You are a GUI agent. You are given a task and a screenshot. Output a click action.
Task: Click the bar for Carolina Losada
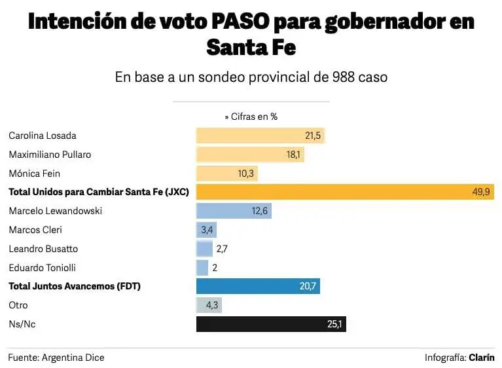pyautogui.click(x=260, y=136)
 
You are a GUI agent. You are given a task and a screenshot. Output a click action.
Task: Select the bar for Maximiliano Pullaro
pyautogui.click(x=250, y=155)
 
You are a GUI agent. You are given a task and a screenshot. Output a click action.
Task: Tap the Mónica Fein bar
pyautogui.click(x=226, y=174)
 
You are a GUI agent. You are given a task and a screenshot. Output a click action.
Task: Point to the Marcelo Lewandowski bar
pyautogui.click(x=234, y=211)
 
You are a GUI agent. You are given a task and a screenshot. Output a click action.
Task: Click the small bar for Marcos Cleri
pyautogui.click(x=206, y=230)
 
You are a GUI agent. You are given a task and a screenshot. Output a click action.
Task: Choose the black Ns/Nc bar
pyautogui.click(x=271, y=324)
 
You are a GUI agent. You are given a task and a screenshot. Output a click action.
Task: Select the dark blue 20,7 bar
pyautogui.click(x=258, y=286)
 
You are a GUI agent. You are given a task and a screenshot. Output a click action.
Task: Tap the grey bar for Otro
pyautogui.click(x=209, y=305)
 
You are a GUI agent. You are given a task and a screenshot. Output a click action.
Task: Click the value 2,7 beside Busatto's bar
pyautogui.click(x=221, y=249)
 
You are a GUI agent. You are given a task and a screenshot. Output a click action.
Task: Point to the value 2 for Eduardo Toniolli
pyautogui.click(x=214, y=268)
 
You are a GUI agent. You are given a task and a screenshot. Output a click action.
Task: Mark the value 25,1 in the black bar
pyautogui.click(x=334, y=324)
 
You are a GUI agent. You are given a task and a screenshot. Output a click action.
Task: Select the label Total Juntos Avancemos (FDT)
pyautogui.click(x=75, y=286)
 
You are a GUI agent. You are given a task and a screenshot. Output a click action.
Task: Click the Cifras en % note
pyautogui.click(x=251, y=117)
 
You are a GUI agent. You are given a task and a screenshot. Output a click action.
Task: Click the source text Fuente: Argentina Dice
pyautogui.click(x=56, y=358)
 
